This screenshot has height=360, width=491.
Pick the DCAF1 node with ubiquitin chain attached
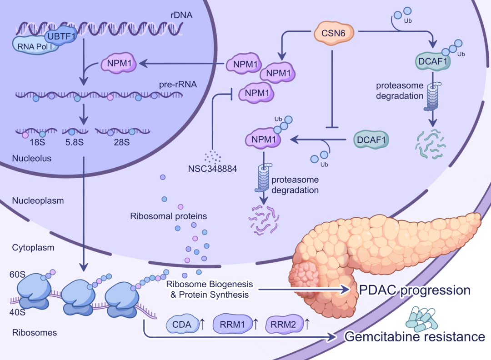434,61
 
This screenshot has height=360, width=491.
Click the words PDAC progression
414,290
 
